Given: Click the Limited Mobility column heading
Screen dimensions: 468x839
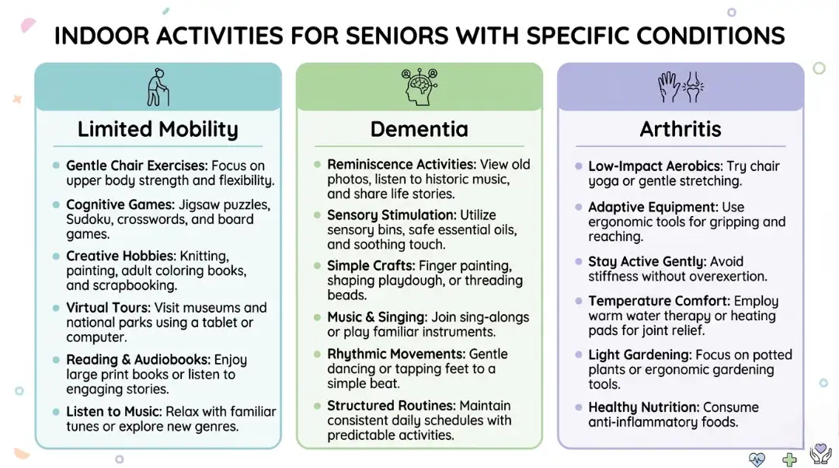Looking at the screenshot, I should click(158, 129).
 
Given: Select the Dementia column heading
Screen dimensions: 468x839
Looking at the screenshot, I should click(419, 129).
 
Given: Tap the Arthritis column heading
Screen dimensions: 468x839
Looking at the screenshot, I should click(681, 129).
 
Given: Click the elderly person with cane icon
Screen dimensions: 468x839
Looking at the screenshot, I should click(158, 87).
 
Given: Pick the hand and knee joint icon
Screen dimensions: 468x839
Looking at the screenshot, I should click(681, 87).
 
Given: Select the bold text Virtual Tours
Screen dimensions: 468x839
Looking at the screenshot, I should click(108, 308).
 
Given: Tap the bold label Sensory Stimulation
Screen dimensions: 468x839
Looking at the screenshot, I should click(392, 215).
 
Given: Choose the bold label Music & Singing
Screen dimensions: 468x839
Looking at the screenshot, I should click(374, 317).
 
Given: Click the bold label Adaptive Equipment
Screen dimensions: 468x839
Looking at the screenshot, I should click(653, 208).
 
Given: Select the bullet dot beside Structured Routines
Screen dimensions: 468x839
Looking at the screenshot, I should click(317, 406).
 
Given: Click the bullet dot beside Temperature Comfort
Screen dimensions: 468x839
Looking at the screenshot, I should click(579, 301).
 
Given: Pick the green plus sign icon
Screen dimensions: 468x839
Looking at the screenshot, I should click(789, 459).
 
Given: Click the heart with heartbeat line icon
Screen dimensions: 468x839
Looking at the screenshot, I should click(757, 459).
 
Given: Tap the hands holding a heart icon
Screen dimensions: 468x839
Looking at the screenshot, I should click(820, 454).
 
